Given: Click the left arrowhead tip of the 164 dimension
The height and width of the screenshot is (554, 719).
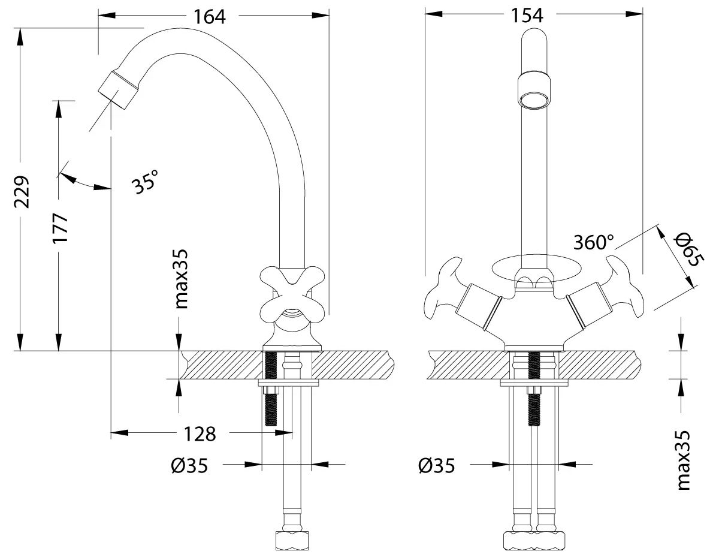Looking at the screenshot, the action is [x=99, y=15].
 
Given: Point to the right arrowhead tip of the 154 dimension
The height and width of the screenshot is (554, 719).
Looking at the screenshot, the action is [x=644, y=14].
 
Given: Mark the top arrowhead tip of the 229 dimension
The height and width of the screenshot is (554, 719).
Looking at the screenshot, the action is [x=20, y=28].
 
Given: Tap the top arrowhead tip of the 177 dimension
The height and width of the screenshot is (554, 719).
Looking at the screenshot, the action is [x=58, y=101].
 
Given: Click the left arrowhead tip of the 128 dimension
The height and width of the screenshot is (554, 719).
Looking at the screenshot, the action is [x=111, y=432].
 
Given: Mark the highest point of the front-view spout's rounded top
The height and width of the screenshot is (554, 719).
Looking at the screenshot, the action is [x=534, y=29].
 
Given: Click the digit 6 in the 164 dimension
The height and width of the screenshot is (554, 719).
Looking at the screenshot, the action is [x=209, y=17].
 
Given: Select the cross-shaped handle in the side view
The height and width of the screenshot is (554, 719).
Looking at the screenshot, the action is [x=292, y=295].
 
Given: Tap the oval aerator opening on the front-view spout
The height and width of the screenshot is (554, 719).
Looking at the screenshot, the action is [x=534, y=100].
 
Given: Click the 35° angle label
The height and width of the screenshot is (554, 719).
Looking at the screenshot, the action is [x=145, y=182].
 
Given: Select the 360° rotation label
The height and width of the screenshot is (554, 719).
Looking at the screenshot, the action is [x=594, y=243].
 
